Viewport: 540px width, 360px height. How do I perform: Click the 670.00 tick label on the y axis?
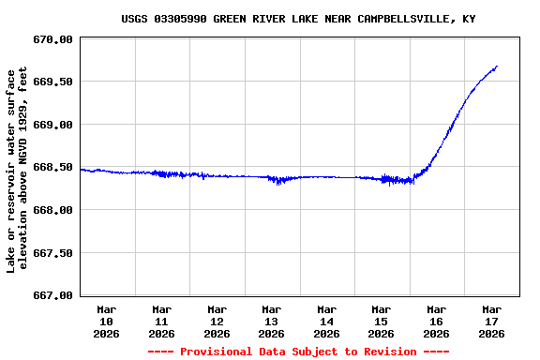pyautogui.click(x=52, y=39)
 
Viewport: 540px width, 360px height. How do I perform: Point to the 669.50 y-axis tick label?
pyautogui.click(x=52, y=82)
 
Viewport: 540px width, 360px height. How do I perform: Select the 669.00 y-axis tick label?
pyautogui.click(x=52, y=125)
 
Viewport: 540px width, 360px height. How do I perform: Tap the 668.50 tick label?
pyautogui.click(x=52, y=167)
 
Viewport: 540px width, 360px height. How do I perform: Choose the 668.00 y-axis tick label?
pyautogui.click(x=52, y=210)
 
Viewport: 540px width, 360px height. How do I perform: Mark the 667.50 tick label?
pyautogui.click(x=52, y=253)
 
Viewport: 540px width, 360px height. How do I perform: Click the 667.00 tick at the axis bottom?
pyautogui.click(x=52, y=295)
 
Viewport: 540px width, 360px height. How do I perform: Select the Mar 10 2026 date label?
pyautogui.click(x=107, y=321)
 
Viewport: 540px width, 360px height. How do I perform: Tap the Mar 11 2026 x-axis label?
pyautogui.click(x=162, y=321)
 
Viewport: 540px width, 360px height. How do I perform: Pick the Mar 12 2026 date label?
pyautogui.click(x=217, y=321)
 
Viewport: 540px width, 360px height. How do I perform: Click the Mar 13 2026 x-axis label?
pyautogui.click(x=272, y=321)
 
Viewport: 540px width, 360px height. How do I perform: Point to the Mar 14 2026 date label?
pyautogui.click(x=326, y=321)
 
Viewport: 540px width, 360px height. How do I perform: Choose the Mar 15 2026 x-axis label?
pyautogui.click(x=382, y=321)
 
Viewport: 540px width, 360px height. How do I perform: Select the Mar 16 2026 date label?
pyautogui.click(x=436, y=321)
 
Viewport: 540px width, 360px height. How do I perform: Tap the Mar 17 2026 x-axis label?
pyautogui.click(x=491, y=321)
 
